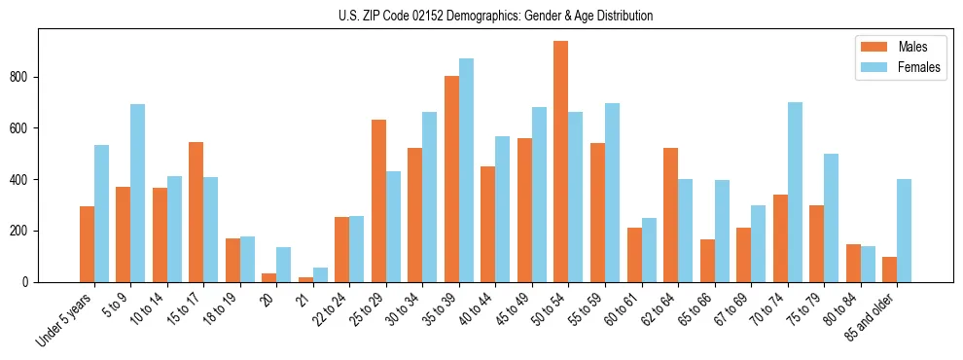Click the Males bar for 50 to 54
[x=561, y=162]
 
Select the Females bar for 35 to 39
[x=466, y=170]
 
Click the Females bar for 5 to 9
[x=137, y=193]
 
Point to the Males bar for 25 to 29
[x=378, y=200]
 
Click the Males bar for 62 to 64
[x=670, y=215]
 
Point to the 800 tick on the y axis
[x=38, y=77]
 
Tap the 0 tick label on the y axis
[x=28, y=282]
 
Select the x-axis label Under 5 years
[x=65, y=318]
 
